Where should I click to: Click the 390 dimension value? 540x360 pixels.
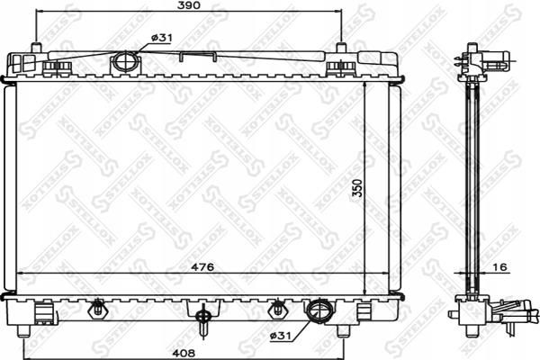(x=189, y=5)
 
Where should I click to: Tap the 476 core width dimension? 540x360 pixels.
(x=202, y=266)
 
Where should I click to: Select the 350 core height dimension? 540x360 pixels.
(x=358, y=188)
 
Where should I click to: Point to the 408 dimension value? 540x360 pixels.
(x=184, y=353)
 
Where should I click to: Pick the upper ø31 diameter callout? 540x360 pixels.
(x=161, y=38)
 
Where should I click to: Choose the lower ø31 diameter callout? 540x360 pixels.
(x=281, y=336)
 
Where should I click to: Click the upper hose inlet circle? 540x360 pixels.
(x=125, y=62)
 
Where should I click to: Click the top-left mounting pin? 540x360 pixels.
(x=36, y=48)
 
